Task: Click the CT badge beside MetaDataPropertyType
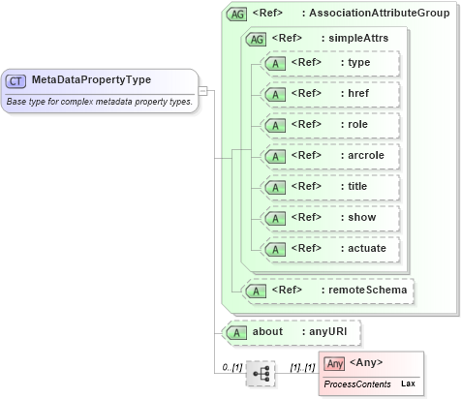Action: [x=16, y=81]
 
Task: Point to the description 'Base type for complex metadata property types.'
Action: [x=99, y=101]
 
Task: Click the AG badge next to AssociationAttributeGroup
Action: [x=235, y=15]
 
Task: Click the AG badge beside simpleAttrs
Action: [x=257, y=39]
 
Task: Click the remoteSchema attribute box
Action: [x=328, y=290]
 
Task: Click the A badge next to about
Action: [x=234, y=332]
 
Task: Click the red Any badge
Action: [x=334, y=363]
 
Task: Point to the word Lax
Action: [x=409, y=384]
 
